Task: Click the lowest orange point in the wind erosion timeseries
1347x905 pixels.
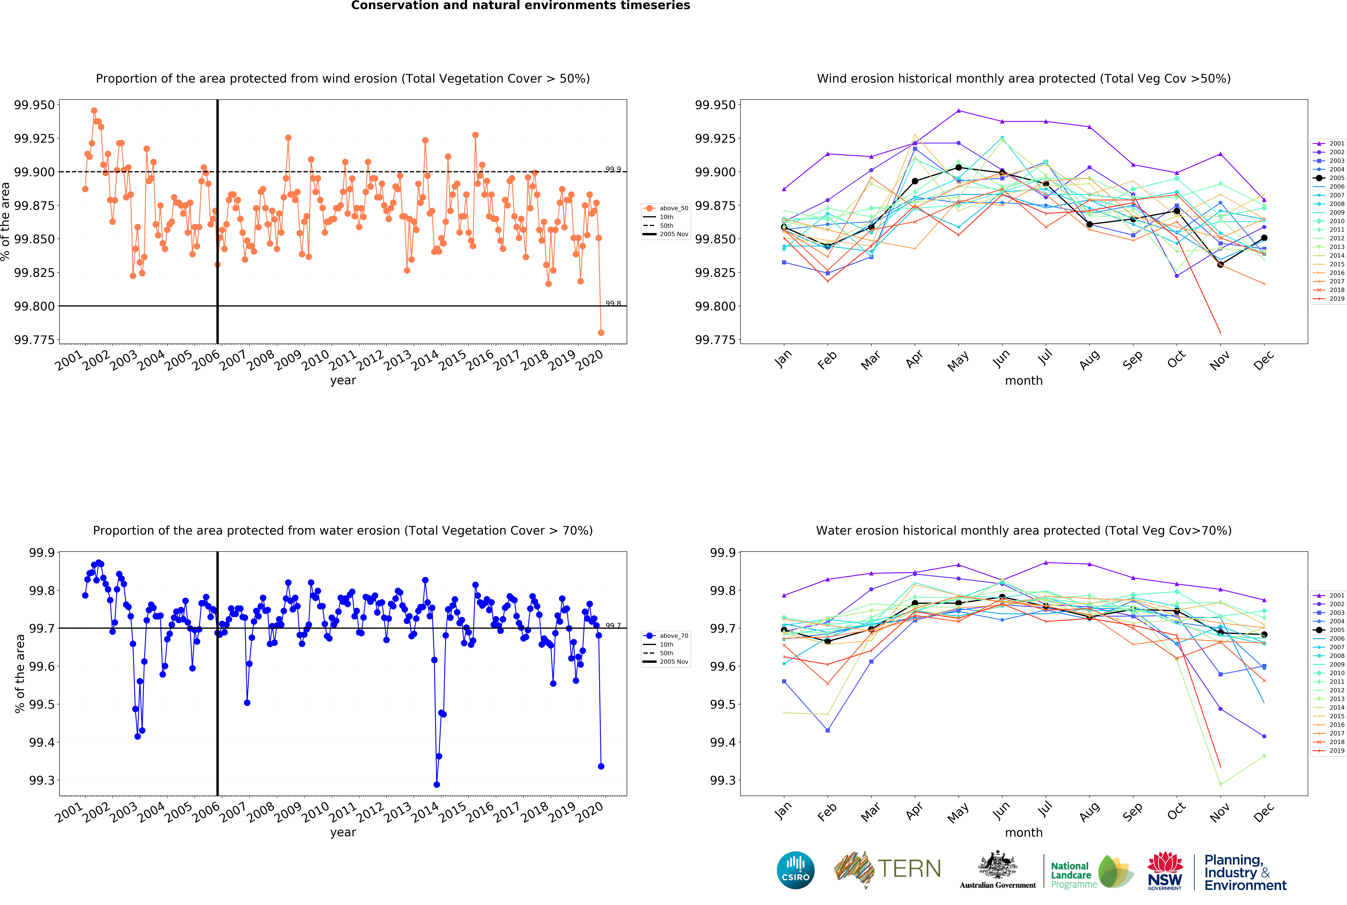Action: click(601, 332)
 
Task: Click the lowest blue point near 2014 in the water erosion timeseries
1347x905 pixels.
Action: click(436, 784)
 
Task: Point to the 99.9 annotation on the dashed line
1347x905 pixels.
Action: click(613, 169)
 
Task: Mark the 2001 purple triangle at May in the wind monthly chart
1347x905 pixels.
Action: click(959, 110)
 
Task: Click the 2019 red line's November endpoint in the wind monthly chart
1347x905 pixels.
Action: click(1220, 332)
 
